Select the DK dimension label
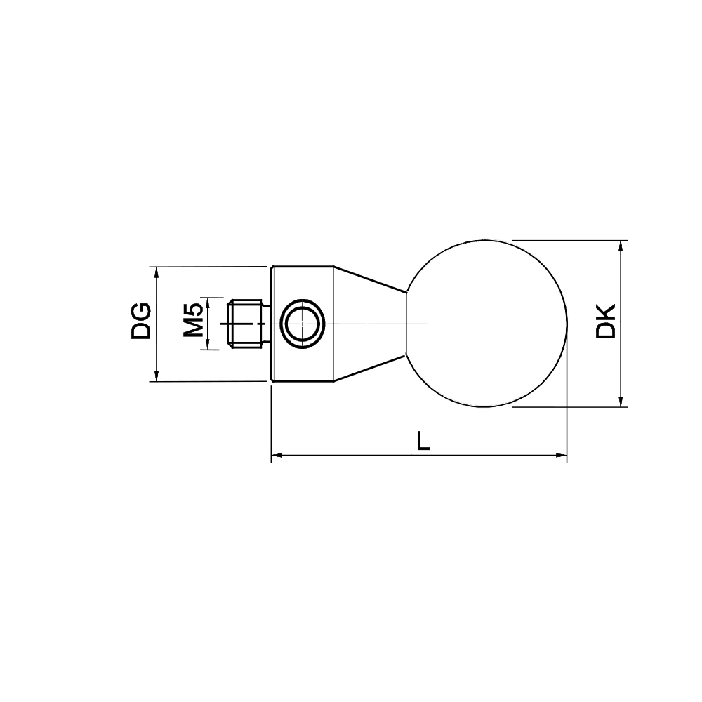pos(605,322)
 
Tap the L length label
pos(423,440)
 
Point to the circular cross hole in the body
pos(303,324)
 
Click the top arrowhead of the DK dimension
pos(621,246)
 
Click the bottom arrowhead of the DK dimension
pos(621,402)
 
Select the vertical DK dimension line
pos(621,365)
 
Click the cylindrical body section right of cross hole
pos(329,351)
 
